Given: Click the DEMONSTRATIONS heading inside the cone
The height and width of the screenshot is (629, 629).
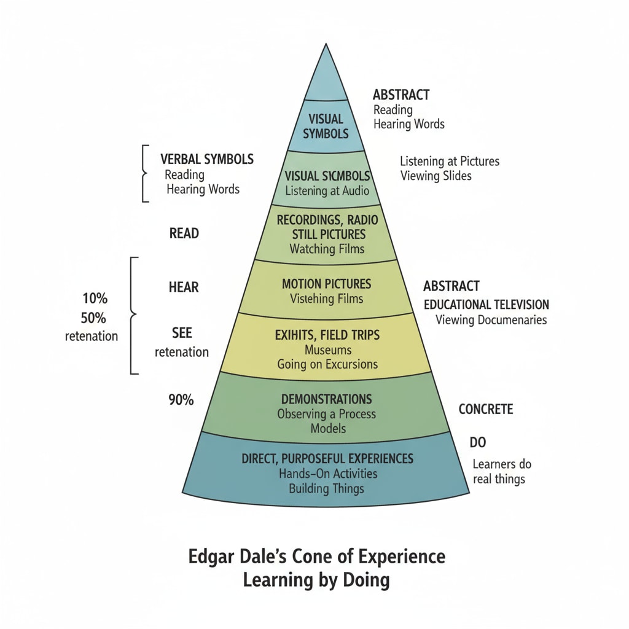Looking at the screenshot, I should (x=326, y=399).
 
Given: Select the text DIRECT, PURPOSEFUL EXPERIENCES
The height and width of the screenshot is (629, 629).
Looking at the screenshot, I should (x=327, y=459).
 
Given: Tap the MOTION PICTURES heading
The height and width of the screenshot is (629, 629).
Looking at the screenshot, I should (x=327, y=284).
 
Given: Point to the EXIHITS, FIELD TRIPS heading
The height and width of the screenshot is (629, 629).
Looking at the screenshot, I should (x=327, y=335).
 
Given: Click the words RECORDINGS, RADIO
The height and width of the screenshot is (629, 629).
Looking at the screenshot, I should (x=327, y=220).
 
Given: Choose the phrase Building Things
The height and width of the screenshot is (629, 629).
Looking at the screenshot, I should (x=327, y=489).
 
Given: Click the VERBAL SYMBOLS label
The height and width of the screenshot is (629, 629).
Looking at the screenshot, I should (x=207, y=159).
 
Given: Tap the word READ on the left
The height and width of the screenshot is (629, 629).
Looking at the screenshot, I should (x=184, y=233).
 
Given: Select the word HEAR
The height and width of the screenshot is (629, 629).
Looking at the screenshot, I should (x=184, y=287).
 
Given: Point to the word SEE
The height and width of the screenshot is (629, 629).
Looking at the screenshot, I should (x=182, y=333).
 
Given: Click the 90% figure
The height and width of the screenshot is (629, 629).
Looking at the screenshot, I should (x=181, y=400).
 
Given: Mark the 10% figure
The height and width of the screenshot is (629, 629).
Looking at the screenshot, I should (x=95, y=299).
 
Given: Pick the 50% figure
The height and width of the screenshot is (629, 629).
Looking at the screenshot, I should (x=93, y=318).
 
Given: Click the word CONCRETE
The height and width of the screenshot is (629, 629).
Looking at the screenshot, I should (x=486, y=409).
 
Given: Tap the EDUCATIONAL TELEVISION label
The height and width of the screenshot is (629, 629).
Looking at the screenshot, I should (x=486, y=305).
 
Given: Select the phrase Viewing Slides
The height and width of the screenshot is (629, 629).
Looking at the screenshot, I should (x=436, y=176).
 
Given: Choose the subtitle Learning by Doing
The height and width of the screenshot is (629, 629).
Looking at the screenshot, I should (x=316, y=580).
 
